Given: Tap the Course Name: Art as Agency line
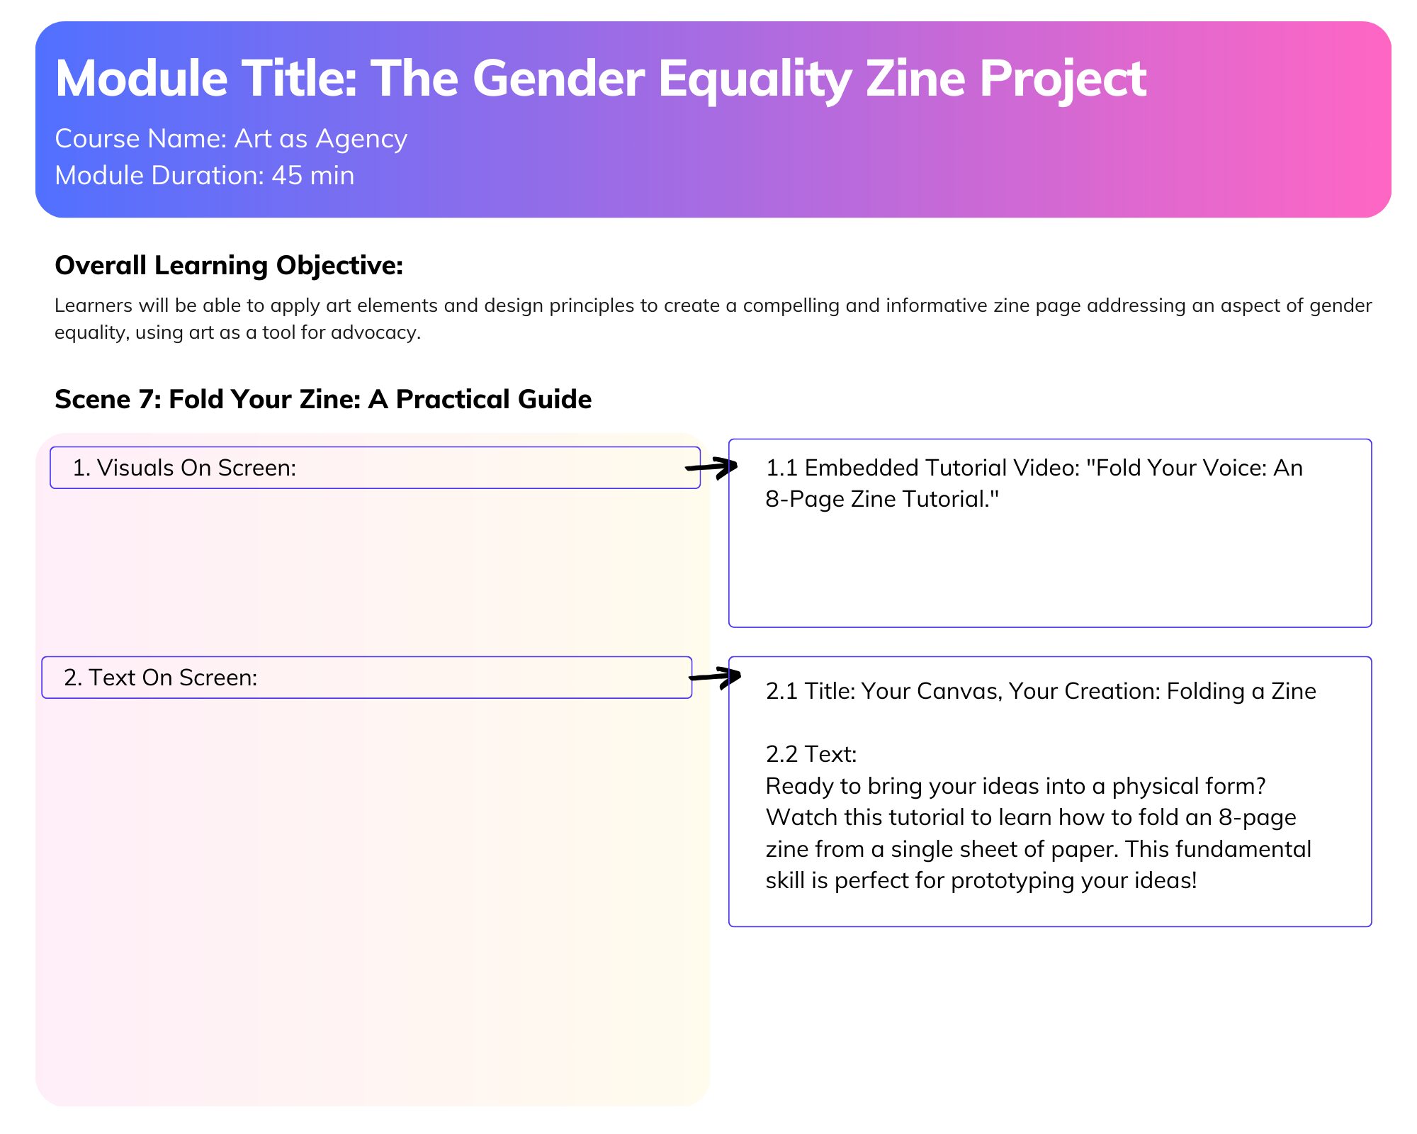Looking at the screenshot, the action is click(x=231, y=139).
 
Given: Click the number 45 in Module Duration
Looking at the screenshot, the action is click(x=287, y=175).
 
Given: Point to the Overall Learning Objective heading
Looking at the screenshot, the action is click(x=229, y=265).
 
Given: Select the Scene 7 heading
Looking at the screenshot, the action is click(x=323, y=400).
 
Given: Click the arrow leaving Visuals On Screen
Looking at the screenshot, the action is click(x=711, y=467).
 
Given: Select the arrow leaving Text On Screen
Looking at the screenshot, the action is click(x=715, y=678).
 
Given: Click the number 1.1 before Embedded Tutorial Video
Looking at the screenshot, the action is click(x=782, y=468).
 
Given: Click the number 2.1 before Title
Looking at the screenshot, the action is click(x=782, y=691).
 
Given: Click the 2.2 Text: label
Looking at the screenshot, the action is click(x=811, y=754).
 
